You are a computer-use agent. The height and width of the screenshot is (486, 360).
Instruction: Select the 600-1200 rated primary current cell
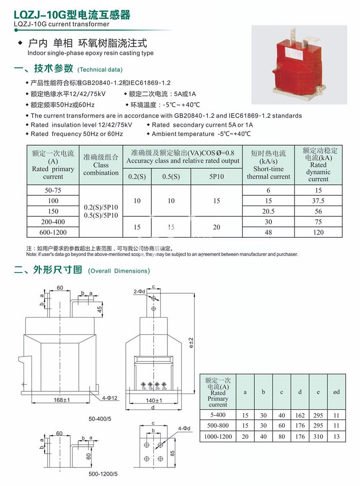(x=53, y=232)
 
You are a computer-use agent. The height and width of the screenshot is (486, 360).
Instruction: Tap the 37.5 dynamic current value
(x=318, y=201)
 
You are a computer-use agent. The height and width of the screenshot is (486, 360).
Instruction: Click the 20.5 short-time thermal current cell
(x=268, y=211)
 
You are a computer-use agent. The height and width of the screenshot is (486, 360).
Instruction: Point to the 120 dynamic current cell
(x=318, y=232)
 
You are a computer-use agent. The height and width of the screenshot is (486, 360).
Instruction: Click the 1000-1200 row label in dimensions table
(x=218, y=436)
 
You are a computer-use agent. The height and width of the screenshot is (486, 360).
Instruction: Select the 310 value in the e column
(x=318, y=436)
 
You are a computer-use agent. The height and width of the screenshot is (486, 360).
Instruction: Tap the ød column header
(x=336, y=392)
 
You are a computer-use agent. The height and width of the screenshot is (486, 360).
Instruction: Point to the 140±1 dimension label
(x=153, y=400)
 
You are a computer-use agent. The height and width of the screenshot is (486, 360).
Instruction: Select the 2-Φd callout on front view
(x=140, y=292)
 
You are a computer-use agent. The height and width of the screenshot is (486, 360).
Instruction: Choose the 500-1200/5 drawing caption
(x=103, y=474)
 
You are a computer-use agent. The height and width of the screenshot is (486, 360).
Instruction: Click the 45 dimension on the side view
(x=100, y=309)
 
